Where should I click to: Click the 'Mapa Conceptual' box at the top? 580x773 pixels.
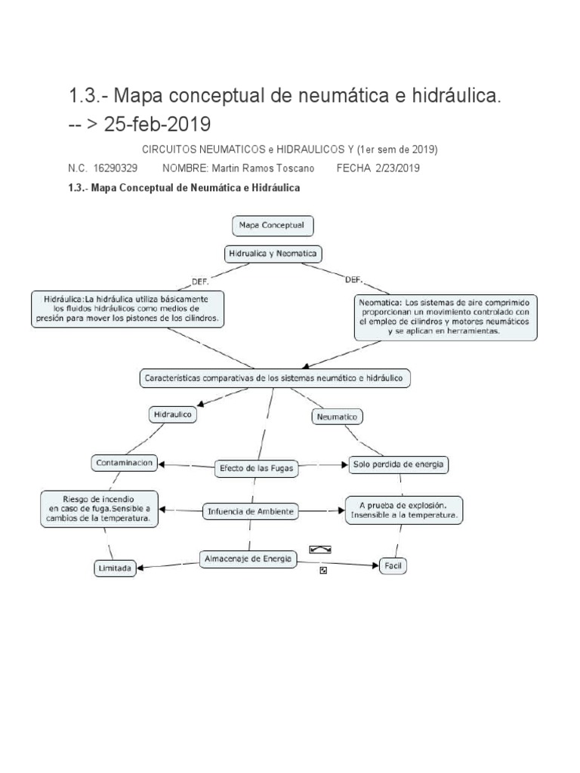tap(271, 226)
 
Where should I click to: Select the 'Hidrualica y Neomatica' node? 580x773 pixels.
tap(272, 254)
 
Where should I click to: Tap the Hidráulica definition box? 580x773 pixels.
tap(127, 308)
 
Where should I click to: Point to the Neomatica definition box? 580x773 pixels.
tap(445, 317)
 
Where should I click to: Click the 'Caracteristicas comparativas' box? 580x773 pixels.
tap(275, 377)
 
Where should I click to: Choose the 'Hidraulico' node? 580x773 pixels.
tap(173, 414)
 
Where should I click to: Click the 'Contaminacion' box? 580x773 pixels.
tap(125, 463)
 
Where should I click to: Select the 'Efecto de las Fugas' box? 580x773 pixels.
tap(255, 469)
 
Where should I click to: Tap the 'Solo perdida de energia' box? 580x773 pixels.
tap(399, 464)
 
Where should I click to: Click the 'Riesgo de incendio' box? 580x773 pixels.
tap(99, 509)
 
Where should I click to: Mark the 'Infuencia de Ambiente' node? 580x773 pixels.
tap(251, 512)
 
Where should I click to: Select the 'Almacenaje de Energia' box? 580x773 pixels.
tap(248, 559)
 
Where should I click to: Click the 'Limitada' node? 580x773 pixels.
tap(116, 569)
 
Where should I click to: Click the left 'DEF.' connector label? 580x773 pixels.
tap(200, 282)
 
